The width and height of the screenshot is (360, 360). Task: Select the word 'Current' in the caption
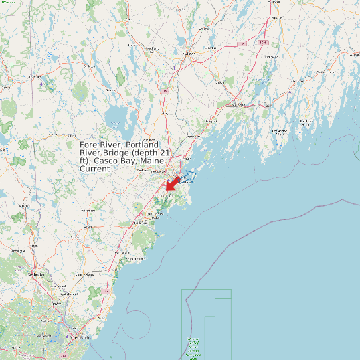(94, 169)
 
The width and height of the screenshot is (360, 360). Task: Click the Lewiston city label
(187, 53)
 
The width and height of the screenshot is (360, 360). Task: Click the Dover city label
(56, 304)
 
